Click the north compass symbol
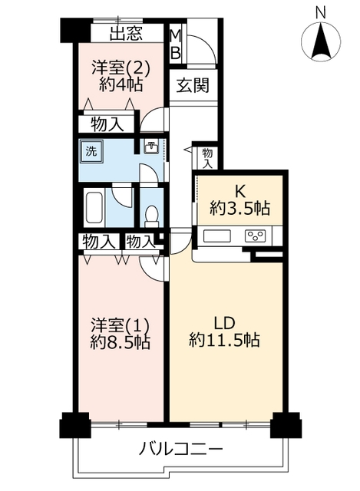pos(321,41)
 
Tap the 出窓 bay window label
pos(126,33)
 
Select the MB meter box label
pos(176,44)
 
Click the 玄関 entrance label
pos(193,85)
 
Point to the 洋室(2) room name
pos(121,68)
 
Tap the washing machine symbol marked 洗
pos(91,151)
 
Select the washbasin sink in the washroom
pos(152,147)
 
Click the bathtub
pos(94,207)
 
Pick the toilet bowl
pos(152,216)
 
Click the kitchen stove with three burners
pos(256,236)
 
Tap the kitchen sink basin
pos(216,236)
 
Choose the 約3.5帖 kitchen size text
pos(239,208)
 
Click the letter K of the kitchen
pos(240,193)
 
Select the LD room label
pos(224,323)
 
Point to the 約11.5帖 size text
pos(224,340)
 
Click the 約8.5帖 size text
pos(120,342)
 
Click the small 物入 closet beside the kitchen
pos(207,158)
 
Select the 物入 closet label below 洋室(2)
pos(107,124)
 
